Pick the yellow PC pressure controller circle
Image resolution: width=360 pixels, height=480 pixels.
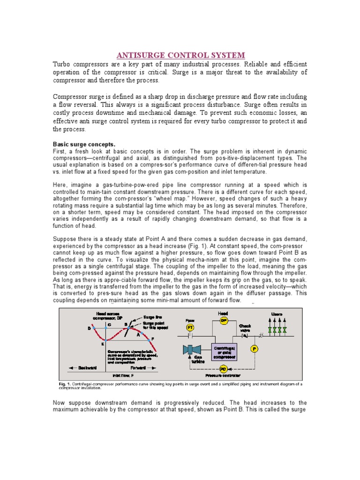(223, 369)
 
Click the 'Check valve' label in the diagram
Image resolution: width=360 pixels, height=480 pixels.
(246, 328)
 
